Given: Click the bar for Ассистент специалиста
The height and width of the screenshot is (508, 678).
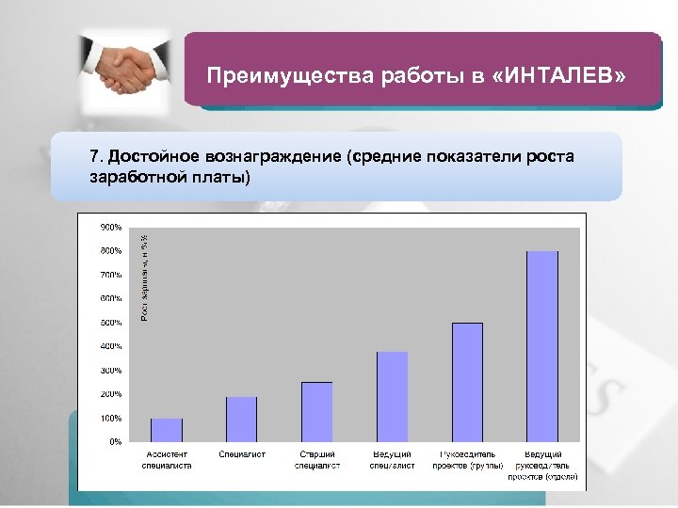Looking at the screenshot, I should pos(167,430).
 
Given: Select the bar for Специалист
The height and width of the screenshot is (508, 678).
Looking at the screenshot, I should pos(242,419).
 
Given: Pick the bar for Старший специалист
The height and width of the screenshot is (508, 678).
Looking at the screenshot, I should pos(317,411).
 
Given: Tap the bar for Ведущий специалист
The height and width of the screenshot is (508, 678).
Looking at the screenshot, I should pos(393,396).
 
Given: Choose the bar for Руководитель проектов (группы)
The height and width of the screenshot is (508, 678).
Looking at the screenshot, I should pos(468,382).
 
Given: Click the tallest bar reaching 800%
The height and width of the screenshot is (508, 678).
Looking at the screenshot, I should pos(542,346).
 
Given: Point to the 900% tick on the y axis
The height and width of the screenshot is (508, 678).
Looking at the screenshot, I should pos(110,227).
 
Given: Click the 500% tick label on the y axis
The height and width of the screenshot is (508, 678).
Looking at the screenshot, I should pos(110,323).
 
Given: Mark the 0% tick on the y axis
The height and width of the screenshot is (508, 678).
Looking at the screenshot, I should pos(114,441).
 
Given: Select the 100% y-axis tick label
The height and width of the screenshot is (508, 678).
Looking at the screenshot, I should pos(110,418).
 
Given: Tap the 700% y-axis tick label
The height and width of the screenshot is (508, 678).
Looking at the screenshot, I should pos(110,275).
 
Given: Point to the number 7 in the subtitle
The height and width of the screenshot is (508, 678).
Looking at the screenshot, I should pos(93,155).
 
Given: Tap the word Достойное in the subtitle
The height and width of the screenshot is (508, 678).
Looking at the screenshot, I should pos(153,155).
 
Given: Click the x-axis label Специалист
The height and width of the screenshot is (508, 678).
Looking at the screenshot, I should pos(242,454).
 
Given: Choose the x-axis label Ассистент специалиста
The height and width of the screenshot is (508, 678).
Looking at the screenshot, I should pos(167,459).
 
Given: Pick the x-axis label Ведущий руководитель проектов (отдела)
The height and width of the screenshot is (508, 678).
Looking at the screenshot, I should pos(542,465).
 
